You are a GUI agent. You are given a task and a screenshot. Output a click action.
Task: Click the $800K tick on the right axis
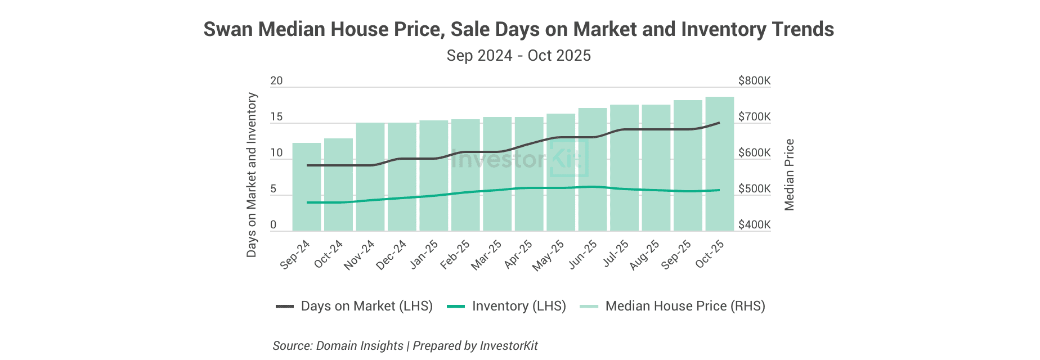coord(754,81)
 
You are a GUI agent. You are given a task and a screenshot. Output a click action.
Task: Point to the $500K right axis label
coord(754,189)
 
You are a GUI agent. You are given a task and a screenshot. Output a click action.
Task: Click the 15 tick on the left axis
coord(276,117)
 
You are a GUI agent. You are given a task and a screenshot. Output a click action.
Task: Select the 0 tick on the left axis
coord(274,225)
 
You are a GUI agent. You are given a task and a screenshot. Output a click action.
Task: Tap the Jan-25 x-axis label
coord(424,255)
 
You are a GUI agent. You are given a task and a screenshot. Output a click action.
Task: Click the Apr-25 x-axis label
coord(518,255)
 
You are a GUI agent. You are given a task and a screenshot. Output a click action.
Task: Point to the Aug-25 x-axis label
coord(645,255)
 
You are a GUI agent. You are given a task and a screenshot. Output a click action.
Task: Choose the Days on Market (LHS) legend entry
coord(355,306)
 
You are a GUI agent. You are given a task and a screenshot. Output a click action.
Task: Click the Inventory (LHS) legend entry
coord(506,306)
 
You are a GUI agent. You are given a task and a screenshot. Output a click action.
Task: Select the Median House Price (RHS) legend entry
coord(673,306)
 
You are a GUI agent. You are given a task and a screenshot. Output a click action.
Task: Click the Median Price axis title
coord(790,175)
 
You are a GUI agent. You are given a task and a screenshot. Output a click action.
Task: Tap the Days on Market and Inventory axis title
coord(252,175)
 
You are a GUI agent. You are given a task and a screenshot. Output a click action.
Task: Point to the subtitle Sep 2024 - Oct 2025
coord(518,56)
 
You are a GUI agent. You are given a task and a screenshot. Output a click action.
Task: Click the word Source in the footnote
coord(292,345)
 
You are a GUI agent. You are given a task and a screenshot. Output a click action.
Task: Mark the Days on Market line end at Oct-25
coord(719,123)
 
